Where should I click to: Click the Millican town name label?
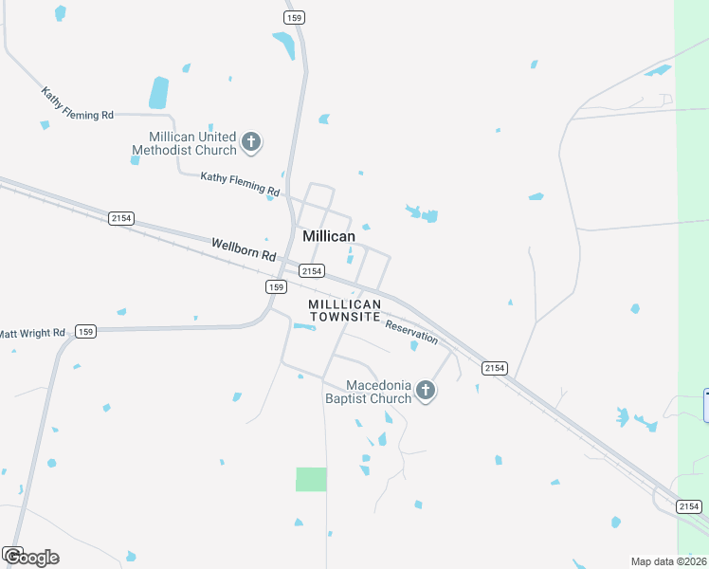pos(329,236)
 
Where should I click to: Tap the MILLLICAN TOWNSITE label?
pos(345,310)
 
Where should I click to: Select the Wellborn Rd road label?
pos(243,250)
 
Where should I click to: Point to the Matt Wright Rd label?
pos(32,333)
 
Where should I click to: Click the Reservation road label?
pos(411,331)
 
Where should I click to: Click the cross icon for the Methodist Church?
pos(251,143)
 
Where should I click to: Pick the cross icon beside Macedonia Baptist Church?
pos(426,391)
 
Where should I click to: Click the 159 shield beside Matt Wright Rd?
pos(86,331)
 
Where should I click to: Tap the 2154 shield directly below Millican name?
pos(314,271)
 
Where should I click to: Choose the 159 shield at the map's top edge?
pos(294,17)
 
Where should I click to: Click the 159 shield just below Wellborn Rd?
pos(275,286)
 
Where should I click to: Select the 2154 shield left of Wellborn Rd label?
pos(121,218)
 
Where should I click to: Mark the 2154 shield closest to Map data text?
pos(689,506)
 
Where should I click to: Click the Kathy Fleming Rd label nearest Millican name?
pos(241,183)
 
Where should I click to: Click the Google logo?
pos(30,557)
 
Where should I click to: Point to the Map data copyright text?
pos(668,561)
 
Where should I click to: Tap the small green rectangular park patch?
pos(311,479)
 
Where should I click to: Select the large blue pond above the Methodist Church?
pos(158,93)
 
